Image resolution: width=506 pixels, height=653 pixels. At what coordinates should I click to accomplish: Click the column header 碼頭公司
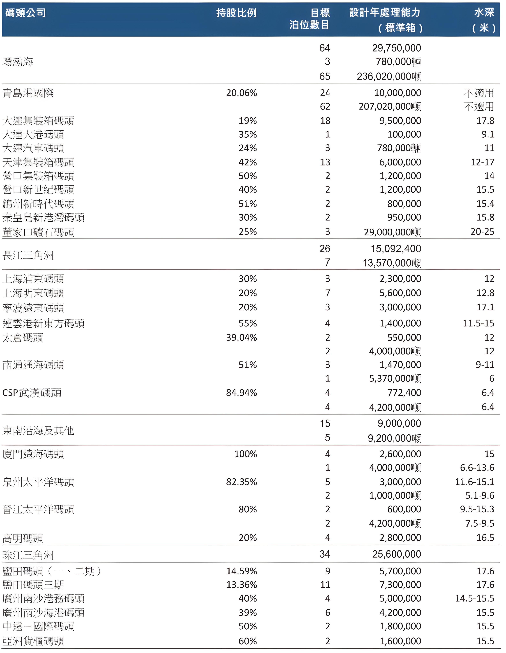pyautogui.click(x=26, y=13)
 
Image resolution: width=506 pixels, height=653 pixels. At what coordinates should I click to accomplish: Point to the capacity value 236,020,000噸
pyautogui.click(x=388, y=77)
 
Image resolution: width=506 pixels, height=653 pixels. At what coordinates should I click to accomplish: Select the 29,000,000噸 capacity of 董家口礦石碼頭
pyautogui.click(x=392, y=232)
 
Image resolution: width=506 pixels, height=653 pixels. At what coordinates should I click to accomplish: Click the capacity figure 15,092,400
pyautogui.click(x=396, y=249)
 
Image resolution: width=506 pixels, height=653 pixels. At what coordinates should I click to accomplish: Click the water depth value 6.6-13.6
pyautogui.click(x=477, y=468)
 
